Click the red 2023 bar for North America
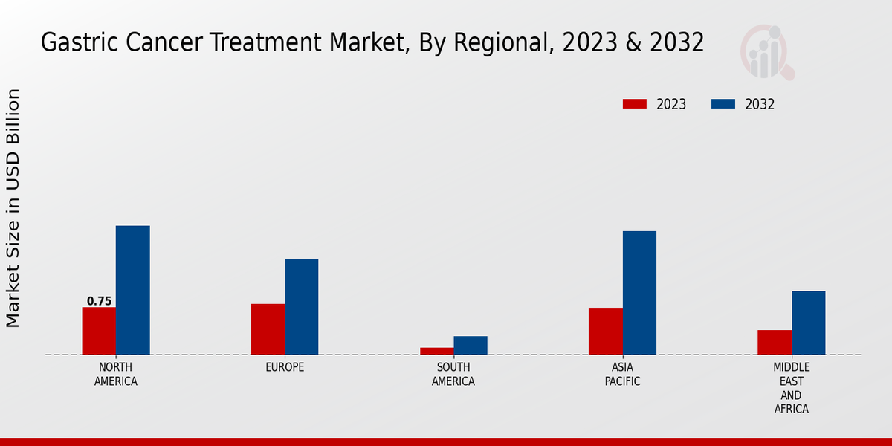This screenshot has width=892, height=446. coord(99,331)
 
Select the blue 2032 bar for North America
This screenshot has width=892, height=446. coord(132,290)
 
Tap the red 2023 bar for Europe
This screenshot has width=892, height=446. coord(268,329)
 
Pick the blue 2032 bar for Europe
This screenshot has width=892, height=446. coord(301,307)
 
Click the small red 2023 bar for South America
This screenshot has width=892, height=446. coord(436,351)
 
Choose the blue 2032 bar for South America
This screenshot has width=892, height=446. coord(471,346)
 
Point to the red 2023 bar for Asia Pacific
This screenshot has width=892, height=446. coord(605,332)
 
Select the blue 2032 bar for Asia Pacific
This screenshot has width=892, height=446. coord(639,293)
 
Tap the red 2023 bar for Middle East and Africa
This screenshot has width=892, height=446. coord(775,342)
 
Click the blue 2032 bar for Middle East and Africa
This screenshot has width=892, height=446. coord(808,323)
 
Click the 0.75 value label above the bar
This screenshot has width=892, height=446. coord(99,301)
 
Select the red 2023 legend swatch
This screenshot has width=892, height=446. coord(635,104)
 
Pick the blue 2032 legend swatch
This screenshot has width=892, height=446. coord(723,104)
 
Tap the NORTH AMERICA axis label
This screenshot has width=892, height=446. coord(116,374)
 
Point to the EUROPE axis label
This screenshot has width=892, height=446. coord(285,367)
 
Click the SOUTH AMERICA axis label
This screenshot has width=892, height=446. coord(453,374)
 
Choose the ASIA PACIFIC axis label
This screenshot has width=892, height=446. coord(622,374)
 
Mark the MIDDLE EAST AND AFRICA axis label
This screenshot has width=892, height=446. coord(791,388)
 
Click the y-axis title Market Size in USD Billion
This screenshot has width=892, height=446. coord(13,208)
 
